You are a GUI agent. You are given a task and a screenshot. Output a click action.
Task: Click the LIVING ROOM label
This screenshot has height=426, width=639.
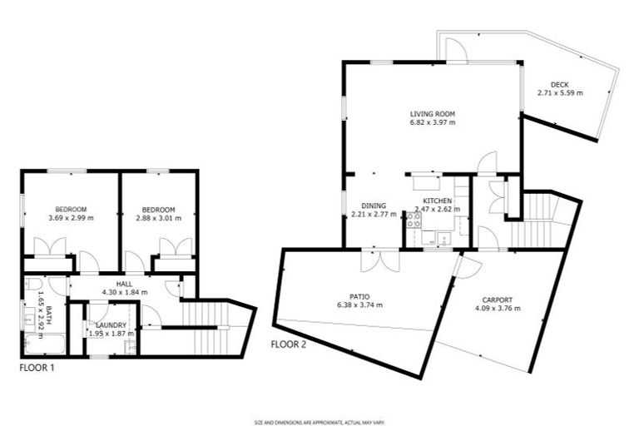click(432, 114)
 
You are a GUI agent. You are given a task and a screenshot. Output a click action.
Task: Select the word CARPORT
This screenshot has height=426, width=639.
click(497, 300)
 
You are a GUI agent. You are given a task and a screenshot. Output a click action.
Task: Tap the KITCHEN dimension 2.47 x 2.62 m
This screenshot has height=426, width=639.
click(438, 211)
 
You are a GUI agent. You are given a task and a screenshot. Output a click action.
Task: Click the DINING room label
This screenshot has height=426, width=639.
click(374, 206)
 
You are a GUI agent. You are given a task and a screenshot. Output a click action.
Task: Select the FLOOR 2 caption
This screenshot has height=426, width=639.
click(288, 344)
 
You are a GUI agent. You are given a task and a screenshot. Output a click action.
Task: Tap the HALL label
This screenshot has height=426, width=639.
click(124, 284)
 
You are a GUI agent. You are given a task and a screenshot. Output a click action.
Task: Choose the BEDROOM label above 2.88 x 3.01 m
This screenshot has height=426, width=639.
click(158, 209)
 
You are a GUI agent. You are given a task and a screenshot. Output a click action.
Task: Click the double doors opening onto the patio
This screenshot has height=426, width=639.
click(374, 260)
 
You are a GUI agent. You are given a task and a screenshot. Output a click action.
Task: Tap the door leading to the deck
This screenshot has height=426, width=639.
click(456, 52)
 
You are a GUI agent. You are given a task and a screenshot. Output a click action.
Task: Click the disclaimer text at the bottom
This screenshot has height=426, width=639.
click(319, 422)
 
